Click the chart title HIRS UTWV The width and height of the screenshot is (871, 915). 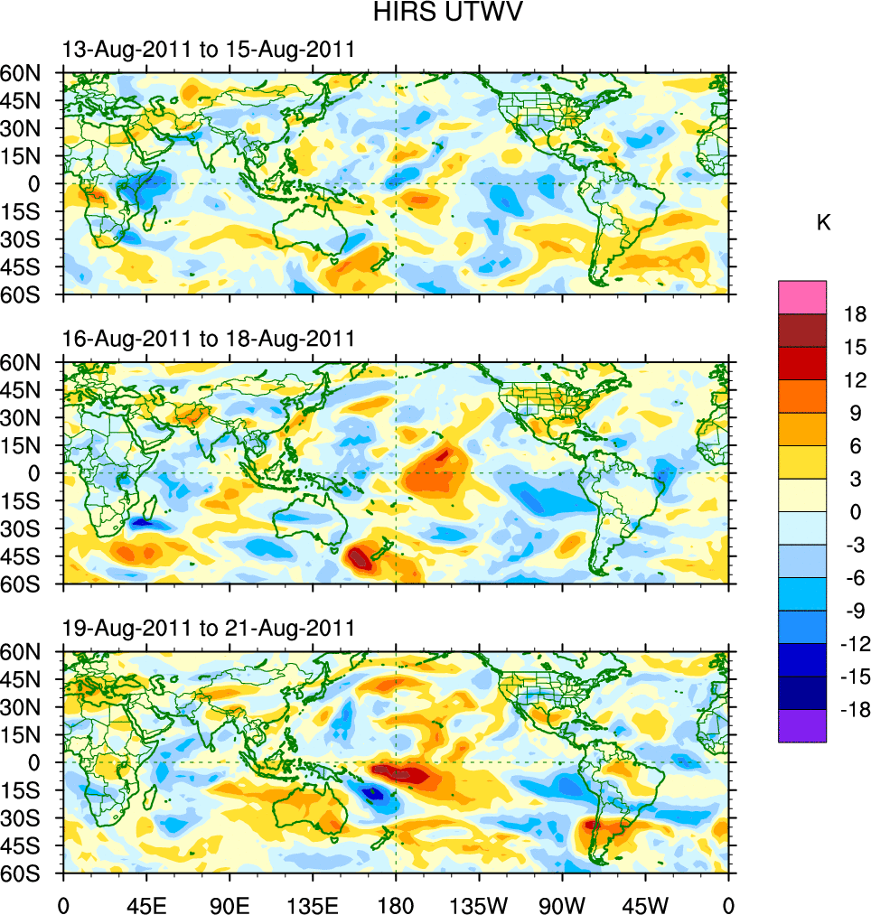[436, 13]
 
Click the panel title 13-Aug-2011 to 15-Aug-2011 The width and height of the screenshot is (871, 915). [208, 50]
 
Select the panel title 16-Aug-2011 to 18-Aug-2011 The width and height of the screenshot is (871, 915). [208, 339]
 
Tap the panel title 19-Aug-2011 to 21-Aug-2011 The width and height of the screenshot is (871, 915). [208, 628]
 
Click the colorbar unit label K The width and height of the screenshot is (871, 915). [823, 223]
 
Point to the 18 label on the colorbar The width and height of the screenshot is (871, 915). [855, 314]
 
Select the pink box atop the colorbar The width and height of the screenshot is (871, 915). [802, 297]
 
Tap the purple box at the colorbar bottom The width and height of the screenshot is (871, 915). [802, 726]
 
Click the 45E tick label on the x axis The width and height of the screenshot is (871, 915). [145, 903]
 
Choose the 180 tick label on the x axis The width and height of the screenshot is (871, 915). [396, 903]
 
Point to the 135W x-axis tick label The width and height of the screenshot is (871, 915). [479, 903]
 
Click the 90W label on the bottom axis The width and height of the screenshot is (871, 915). [563, 903]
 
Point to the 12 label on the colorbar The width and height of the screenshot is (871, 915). [855, 380]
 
